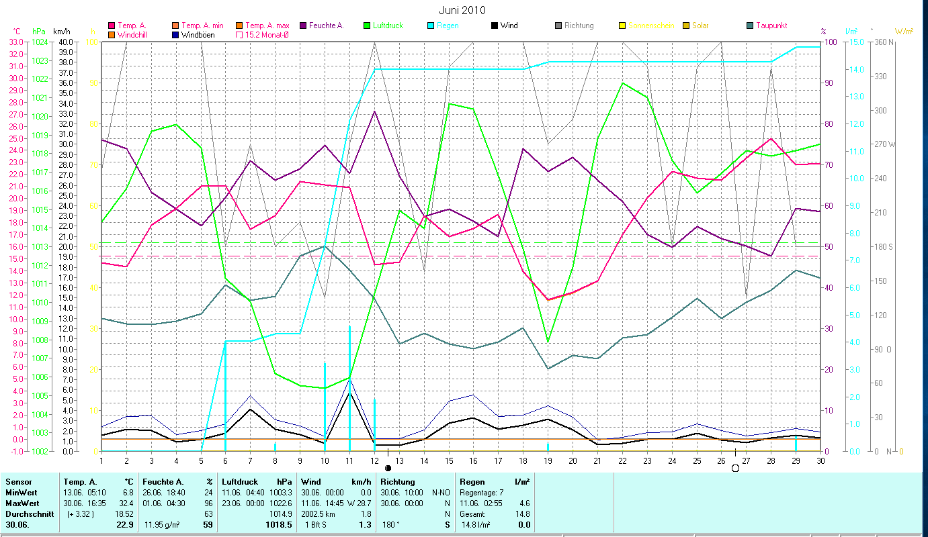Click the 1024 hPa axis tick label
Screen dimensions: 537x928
tap(40, 42)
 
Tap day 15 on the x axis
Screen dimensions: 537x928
tap(449, 459)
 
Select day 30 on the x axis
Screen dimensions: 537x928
tap(820, 459)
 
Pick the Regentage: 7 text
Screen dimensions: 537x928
tap(481, 492)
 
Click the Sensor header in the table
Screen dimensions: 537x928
tap(18, 481)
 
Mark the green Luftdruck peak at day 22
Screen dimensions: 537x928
tap(623, 83)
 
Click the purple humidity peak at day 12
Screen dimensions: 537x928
tap(374, 111)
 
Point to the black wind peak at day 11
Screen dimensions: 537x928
tap(349, 393)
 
